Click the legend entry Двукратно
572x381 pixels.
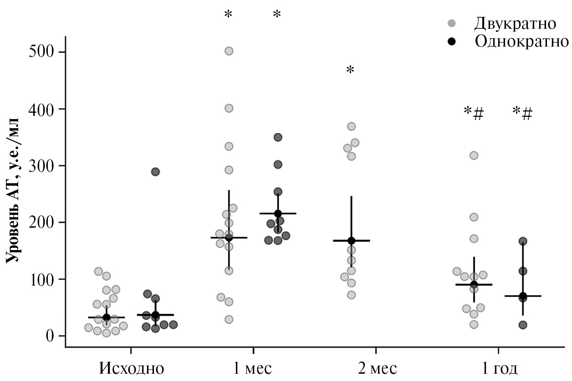515,23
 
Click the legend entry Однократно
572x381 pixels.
521,42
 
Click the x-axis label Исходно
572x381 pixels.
132,368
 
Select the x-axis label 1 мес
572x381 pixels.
254,368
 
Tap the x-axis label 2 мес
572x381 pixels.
376,368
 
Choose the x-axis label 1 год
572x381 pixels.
498,368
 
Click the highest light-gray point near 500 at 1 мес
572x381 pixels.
229,51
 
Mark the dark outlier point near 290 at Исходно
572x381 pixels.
155,172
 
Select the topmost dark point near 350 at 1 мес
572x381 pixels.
278,137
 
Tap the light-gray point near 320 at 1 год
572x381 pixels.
474,156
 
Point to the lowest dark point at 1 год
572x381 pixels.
523,325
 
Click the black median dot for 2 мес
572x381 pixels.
351,240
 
